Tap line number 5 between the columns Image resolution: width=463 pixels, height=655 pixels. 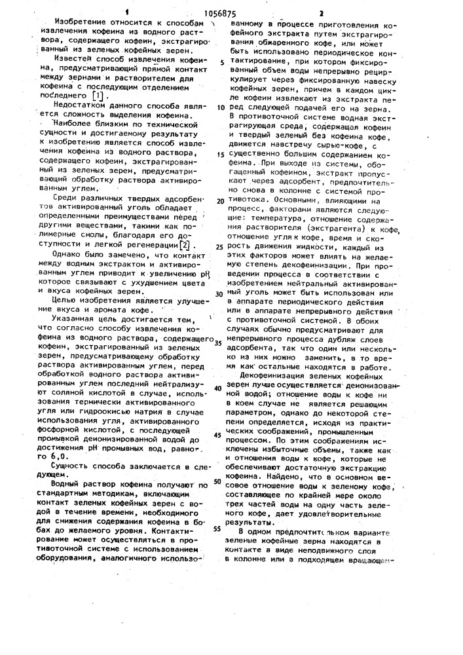point(222,63)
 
